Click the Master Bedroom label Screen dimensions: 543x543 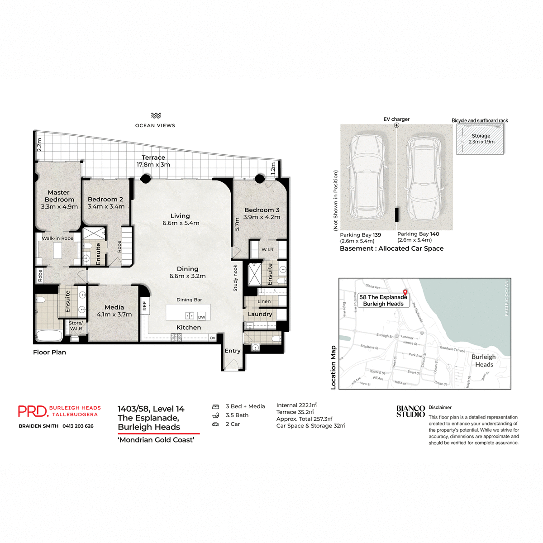point(59,196)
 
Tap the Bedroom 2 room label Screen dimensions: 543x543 point(105,200)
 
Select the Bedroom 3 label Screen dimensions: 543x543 point(262,210)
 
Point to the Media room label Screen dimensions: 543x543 point(114,307)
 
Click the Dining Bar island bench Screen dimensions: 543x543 point(188,312)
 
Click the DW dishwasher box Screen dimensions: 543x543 point(201,317)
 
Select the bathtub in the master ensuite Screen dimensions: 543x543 point(49,336)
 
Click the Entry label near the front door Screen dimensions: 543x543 point(233,351)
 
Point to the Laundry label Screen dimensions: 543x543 point(260,314)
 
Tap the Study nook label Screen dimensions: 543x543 point(235,278)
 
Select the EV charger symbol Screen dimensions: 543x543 point(396,125)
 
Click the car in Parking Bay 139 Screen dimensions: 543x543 point(368,176)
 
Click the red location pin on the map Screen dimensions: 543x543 point(405,293)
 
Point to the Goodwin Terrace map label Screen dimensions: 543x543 point(452,349)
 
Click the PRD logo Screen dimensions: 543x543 point(33,411)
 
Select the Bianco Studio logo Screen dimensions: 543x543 point(410,411)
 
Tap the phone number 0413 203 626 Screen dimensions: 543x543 point(78,426)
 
